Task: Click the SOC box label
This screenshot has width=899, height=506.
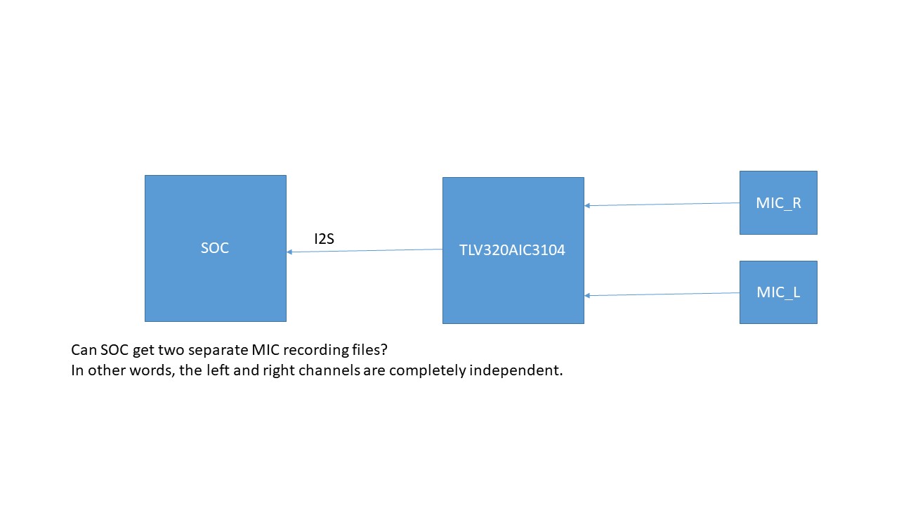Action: coord(215,248)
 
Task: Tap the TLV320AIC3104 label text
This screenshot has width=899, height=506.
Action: coord(512,250)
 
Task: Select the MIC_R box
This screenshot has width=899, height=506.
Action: coord(778,203)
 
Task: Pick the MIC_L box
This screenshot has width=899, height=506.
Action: coord(778,292)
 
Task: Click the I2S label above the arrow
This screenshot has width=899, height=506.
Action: coord(324,239)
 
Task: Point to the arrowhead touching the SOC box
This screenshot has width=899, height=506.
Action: coord(289,252)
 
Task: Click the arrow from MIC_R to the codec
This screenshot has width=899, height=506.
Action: coord(662,205)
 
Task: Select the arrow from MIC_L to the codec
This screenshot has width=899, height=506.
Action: coord(662,294)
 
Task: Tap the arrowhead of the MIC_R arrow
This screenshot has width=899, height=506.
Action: coord(587,206)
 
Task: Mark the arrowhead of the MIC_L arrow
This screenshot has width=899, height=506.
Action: coord(587,296)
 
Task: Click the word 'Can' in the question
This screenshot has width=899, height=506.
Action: coord(84,350)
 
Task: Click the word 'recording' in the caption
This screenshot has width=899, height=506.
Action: coord(316,351)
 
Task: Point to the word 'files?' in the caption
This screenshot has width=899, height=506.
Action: coord(369,350)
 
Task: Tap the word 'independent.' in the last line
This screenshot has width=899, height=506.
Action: coord(516,370)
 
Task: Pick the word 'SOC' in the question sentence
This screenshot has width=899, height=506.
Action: coord(114,350)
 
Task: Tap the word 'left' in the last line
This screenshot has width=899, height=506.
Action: coord(218,370)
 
